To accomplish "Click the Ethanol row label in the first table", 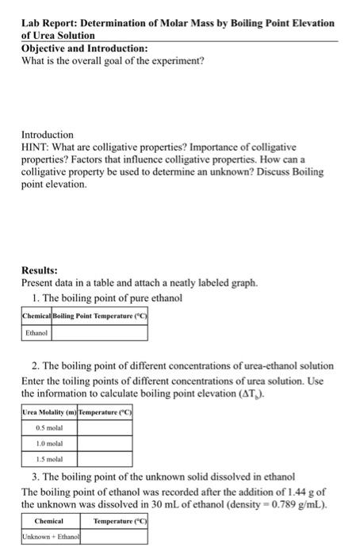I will pos(36,334).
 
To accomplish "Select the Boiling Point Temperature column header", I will pos(100,316).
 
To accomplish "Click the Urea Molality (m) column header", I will pos(52,413).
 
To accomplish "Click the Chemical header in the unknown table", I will pos(49,521).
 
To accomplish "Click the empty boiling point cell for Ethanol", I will pos(100,334).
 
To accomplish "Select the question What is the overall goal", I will pos(112,60).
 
